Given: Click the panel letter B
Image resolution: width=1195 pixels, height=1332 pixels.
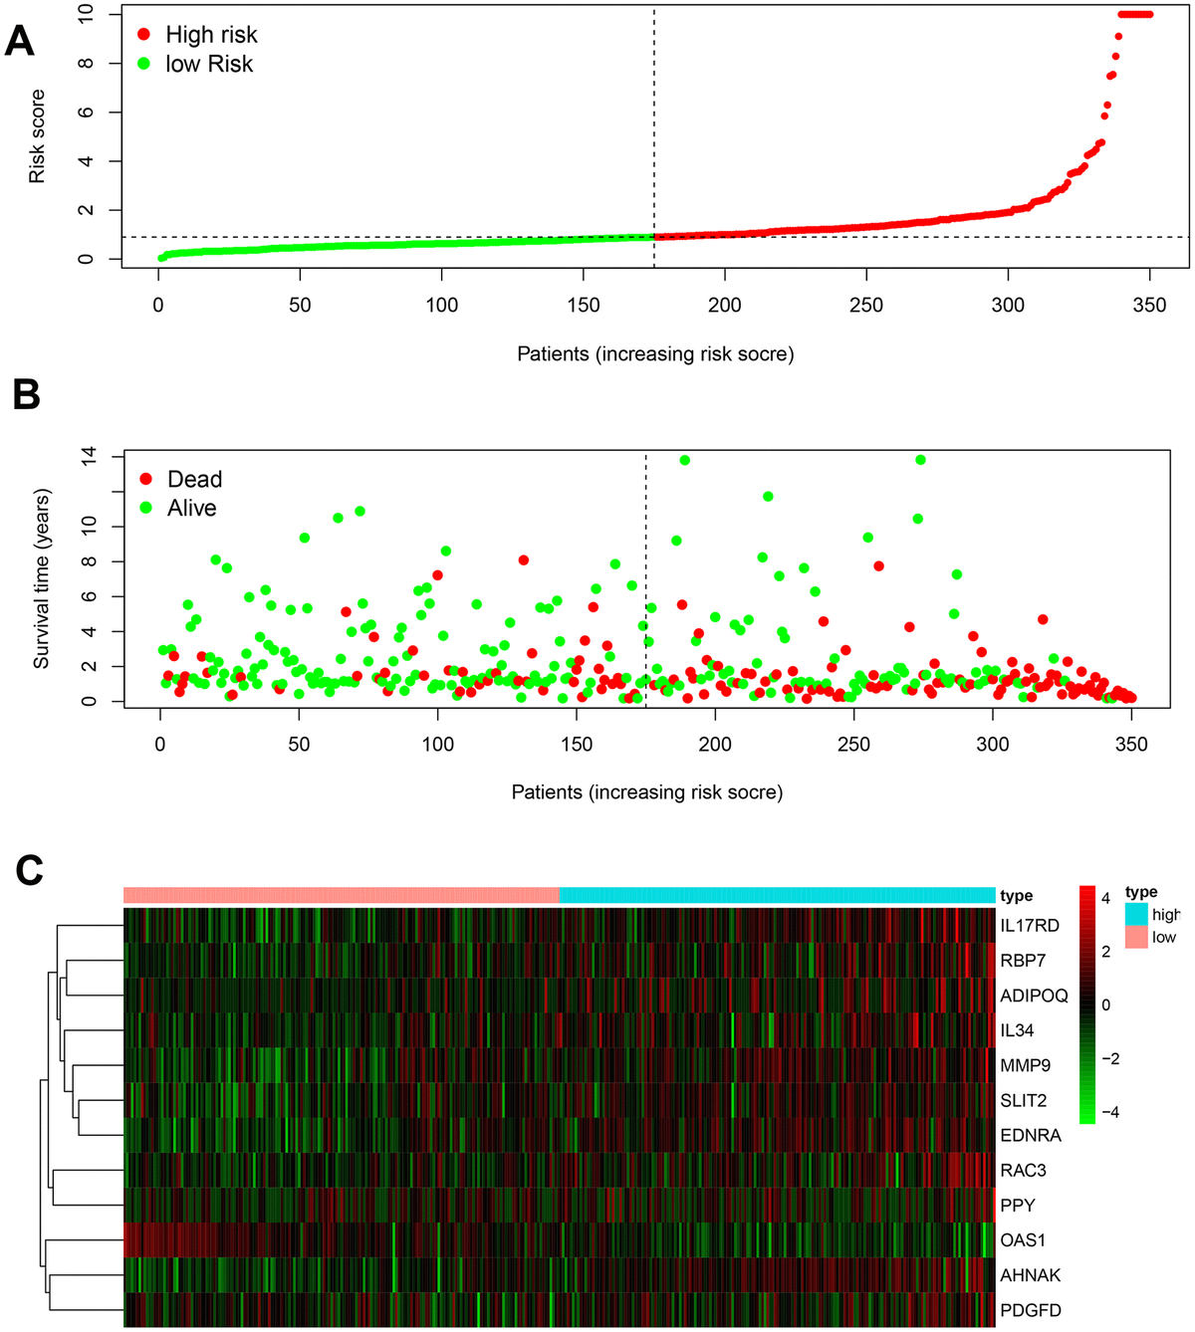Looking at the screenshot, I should [25, 395].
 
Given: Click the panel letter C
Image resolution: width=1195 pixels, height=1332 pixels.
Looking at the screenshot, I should [29, 870].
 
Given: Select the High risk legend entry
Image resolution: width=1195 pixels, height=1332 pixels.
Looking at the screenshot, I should [197, 35].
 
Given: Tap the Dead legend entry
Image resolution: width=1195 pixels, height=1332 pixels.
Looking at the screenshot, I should [180, 480].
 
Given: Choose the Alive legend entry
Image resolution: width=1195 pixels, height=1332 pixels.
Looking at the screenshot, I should [178, 509].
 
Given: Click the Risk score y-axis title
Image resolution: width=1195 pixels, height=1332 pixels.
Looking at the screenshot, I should [37, 136].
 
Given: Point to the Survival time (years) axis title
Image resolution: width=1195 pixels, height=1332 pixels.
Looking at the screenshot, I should [41, 578].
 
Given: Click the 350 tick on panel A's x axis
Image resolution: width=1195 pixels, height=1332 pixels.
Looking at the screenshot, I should [1149, 306].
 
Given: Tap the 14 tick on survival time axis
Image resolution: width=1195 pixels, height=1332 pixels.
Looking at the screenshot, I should [89, 456].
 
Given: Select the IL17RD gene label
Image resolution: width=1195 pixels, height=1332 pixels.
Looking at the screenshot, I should [1030, 926].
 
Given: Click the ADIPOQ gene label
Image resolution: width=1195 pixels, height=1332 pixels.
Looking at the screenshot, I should [1034, 996].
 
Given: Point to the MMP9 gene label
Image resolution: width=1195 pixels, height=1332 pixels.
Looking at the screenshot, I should [1025, 1065].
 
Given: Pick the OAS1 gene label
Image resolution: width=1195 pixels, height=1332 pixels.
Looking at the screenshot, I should [1023, 1240].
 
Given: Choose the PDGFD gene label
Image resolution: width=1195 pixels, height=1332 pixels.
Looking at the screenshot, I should [1031, 1310].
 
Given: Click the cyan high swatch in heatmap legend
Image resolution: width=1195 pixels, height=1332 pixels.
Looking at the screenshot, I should [1136, 914].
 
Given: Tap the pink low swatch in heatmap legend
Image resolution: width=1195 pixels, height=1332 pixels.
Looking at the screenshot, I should [1136, 937].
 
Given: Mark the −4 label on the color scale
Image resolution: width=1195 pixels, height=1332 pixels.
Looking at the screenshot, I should [1110, 1112].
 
